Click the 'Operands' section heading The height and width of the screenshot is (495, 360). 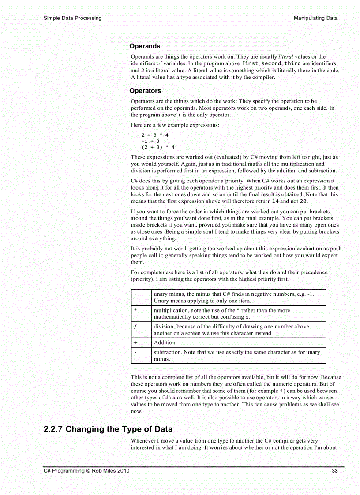tap(145, 46)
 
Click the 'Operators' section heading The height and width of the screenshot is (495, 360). tap(145, 91)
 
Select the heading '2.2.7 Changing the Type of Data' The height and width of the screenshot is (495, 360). tap(108, 429)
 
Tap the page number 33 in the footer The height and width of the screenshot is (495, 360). tap(334, 471)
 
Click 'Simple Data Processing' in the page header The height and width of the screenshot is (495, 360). tap(72, 18)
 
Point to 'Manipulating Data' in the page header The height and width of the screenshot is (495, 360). tap(315, 18)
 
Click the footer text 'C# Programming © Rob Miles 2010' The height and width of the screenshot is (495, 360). tap(86, 471)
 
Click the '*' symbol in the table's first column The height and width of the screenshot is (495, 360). tap(135, 311)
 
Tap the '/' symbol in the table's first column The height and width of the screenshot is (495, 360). tap(135, 327)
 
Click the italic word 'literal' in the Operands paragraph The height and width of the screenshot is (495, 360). tap(286, 57)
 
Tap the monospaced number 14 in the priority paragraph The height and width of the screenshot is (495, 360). tap(276, 201)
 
